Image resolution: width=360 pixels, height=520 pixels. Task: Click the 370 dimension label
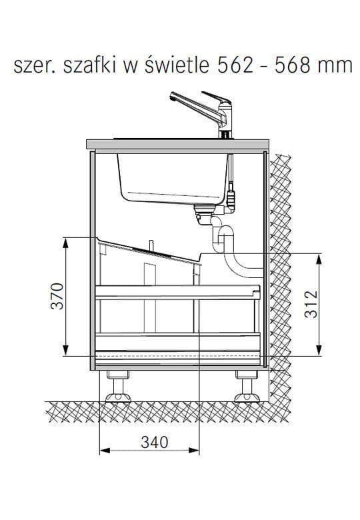pyautogui.click(x=57, y=296)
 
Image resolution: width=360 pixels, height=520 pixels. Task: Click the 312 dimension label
pyautogui.click(x=311, y=304)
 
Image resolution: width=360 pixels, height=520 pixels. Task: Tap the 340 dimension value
pyautogui.click(x=155, y=442)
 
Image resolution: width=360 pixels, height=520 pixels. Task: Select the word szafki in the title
pyautogui.click(x=90, y=65)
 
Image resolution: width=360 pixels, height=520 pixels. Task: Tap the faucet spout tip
pyautogui.click(x=172, y=97)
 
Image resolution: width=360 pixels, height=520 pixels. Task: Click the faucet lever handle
pyautogui.click(x=217, y=98)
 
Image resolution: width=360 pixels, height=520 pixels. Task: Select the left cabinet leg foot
pyautogui.click(x=118, y=397)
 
